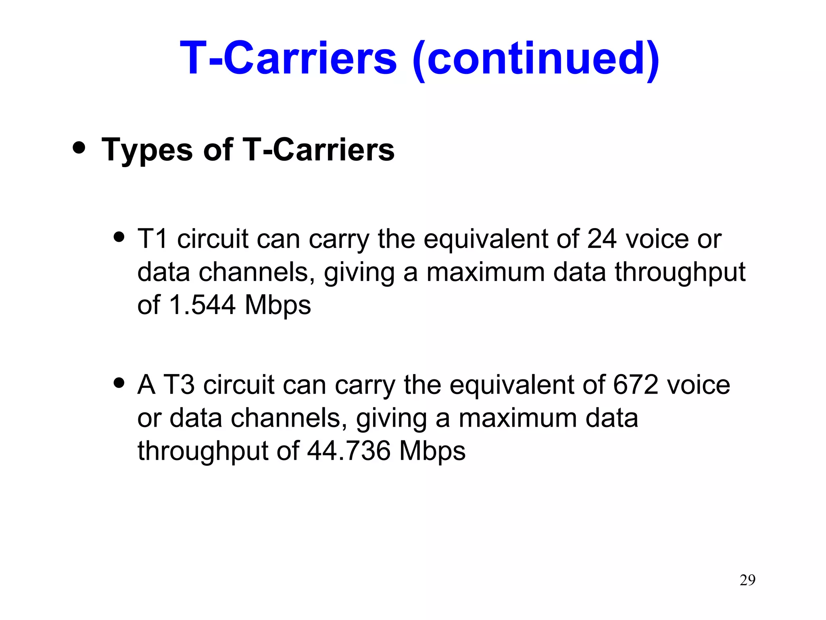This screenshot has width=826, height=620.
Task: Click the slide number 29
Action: pyautogui.click(x=747, y=580)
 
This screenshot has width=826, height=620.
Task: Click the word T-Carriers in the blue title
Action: pyautogui.click(x=288, y=58)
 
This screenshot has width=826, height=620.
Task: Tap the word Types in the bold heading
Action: pyautogui.click(x=148, y=150)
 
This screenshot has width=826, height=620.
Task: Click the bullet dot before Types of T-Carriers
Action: pyautogui.click(x=79, y=147)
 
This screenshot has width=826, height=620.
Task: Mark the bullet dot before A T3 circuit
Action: pyautogui.click(x=119, y=382)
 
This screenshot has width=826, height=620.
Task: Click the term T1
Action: pyautogui.click(x=152, y=239)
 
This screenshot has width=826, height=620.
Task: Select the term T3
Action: pyautogui.click(x=179, y=385)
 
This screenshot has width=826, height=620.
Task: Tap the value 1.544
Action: pyautogui.click(x=202, y=305)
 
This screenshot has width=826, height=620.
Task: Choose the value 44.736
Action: pyautogui.click(x=349, y=451)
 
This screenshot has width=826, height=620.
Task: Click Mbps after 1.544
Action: pyautogui.click(x=278, y=306)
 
